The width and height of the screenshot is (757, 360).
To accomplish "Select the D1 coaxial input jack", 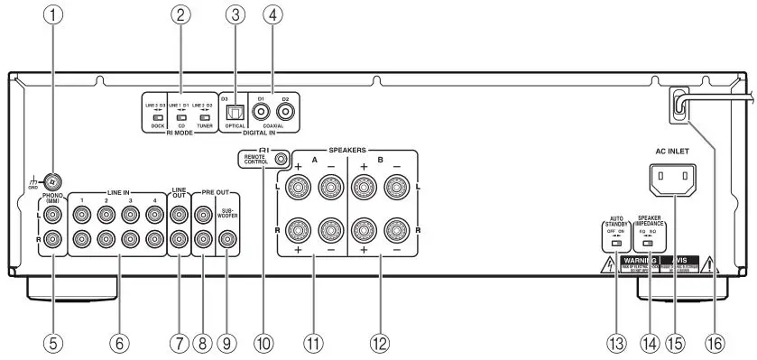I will point(263,113).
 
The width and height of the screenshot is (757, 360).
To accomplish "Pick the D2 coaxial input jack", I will point(288,113).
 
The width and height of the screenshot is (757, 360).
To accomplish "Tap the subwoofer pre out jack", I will point(226,239).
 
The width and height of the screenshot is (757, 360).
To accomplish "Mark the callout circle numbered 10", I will point(263,343).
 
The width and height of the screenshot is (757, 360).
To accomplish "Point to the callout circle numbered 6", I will point(115,343).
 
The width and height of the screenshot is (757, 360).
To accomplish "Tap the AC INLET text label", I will point(670,150).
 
